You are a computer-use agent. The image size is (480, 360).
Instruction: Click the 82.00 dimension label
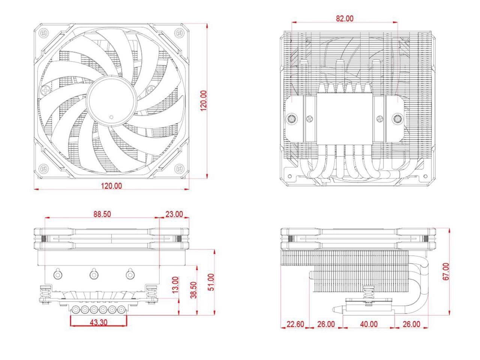point(344,18)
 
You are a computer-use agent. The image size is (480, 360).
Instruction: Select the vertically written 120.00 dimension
point(204,100)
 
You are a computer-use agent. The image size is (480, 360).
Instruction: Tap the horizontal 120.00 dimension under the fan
point(111,185)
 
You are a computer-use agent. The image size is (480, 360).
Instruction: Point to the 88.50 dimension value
point(102,214)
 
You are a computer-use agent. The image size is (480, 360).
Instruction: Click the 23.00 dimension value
point(174,214)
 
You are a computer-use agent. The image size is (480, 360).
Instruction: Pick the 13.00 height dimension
point(175,285)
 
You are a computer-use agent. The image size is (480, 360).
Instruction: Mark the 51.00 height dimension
point(211,282)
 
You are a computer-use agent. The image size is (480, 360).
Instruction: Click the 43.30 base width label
point(99,322)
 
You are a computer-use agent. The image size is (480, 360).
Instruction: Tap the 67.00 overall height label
point(445,271)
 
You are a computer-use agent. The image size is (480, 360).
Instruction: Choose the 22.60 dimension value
point(295,324)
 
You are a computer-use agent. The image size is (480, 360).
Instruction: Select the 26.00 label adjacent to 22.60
point(325,324)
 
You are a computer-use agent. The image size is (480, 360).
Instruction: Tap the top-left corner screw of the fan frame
point(45,33)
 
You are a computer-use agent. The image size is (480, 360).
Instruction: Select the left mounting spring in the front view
point(45,293)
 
